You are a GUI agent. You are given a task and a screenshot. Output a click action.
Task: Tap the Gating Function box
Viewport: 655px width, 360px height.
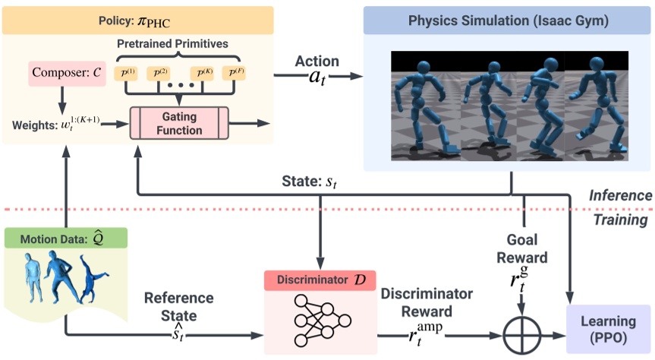point(179,123)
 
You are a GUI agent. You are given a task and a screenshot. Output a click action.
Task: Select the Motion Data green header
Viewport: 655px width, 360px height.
point(65,238)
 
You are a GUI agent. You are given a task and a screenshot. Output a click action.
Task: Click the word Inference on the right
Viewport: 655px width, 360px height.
point(620,195)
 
